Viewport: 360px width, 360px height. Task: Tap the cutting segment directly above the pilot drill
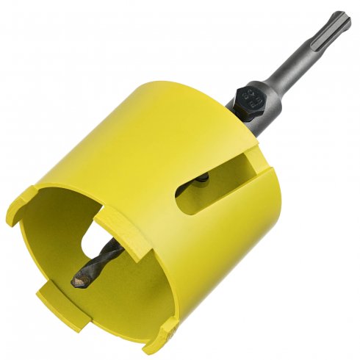(110, 220)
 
